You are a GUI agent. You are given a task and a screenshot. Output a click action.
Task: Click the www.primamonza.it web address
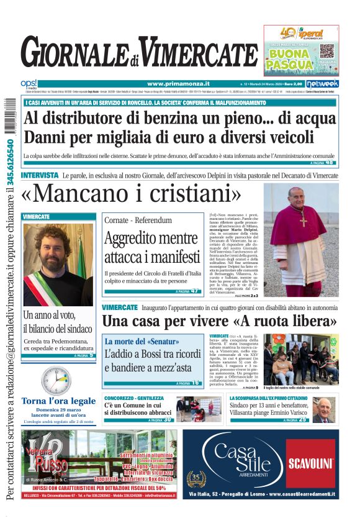(x=178, y=84)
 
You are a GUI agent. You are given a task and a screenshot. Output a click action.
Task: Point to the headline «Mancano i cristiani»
(x=131, y=194)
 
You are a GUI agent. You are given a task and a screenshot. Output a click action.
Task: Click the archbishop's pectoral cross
(x=304, y=219)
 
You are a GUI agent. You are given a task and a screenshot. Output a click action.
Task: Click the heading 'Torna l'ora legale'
(x=59, y=401)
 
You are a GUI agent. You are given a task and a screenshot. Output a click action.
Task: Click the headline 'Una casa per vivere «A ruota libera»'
(x=219, y=322)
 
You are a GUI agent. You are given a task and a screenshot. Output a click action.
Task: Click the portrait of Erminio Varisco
(x=324, y=410)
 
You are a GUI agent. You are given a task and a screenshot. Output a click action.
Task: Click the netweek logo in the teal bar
(x=325, y=83)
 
